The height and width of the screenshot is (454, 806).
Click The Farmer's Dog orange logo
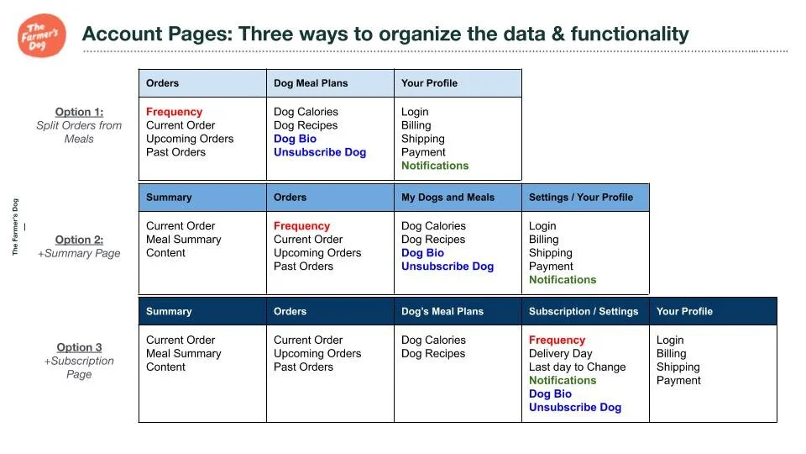[42, 35]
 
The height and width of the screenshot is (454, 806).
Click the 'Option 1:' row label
[79, 112]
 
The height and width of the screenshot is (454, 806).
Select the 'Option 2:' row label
[79, 240]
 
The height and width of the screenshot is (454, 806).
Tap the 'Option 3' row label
[79, 347]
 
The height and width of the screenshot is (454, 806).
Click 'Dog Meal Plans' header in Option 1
[311, 83]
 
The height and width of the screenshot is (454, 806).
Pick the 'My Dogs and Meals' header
[447, 198]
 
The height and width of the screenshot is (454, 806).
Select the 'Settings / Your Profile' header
[581, 198]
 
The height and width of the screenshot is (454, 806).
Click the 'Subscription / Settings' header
[584, 312]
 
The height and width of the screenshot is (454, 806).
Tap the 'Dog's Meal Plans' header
[442, 312]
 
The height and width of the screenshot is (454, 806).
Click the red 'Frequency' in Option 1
[174, 112]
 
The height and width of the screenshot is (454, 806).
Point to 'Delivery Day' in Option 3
[560, 354]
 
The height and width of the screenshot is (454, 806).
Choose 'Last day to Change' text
[577, 367]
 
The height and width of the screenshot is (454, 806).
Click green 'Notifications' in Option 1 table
[435, 166]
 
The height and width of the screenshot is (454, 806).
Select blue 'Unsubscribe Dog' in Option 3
[575, 408]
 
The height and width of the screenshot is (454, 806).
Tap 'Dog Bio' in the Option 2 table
[422, 253]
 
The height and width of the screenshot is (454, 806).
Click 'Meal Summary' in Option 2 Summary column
[183, 240]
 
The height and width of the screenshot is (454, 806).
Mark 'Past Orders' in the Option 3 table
[303, 367]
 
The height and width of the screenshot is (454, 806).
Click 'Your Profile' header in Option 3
[684, 312]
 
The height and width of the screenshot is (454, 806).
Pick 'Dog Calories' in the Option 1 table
[306, 112]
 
